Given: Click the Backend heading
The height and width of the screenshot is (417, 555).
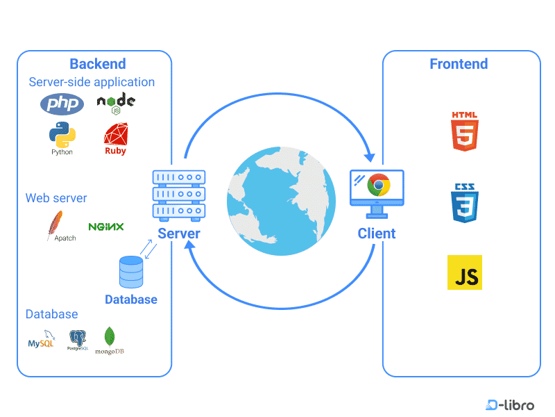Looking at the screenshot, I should (98, 64).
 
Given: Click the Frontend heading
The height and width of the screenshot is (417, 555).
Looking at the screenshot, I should (459, 64).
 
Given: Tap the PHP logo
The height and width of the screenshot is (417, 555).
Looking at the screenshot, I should (62, 104).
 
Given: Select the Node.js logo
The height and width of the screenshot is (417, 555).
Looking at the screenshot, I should (116, 104).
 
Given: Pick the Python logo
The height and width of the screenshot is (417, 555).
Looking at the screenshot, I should (62, 134).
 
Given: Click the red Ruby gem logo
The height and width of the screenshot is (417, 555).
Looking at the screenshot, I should (115, 136).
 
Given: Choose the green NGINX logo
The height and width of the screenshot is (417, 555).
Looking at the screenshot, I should (106, 227).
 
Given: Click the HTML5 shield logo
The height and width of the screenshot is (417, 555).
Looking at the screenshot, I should (463, 131).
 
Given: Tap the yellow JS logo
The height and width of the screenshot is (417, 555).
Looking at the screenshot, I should (464, 272).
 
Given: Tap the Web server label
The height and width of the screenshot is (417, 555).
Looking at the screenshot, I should (56, 198).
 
